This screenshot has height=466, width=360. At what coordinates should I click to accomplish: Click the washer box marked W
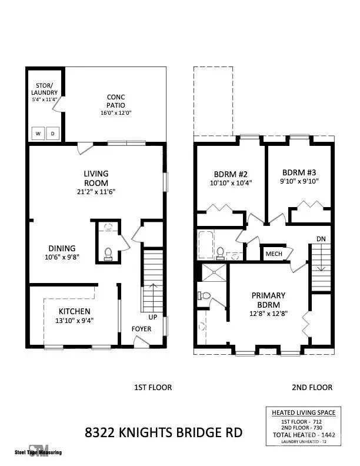coord(38,134)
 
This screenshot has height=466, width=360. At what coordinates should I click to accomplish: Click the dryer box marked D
coord(52,134)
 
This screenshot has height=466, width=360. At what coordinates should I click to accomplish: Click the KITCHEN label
coord(74,311)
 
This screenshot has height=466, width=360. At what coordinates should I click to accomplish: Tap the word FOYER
coord(141,329)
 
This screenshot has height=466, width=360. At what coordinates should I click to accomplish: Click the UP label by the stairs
coord(153,317)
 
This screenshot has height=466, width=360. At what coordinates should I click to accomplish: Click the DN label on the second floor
coord(320,239)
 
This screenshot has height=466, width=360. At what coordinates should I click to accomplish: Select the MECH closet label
coord(274,254)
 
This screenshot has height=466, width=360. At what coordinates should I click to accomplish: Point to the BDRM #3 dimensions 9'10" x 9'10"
coord(299,182)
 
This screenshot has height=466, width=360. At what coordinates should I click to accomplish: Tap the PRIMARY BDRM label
coord(268,300)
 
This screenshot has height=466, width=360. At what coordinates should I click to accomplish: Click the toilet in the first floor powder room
coord(108,253)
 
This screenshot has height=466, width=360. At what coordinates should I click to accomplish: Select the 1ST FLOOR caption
coord(153,387)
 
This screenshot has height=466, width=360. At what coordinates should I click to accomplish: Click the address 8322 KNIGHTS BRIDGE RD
coord(164,434)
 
